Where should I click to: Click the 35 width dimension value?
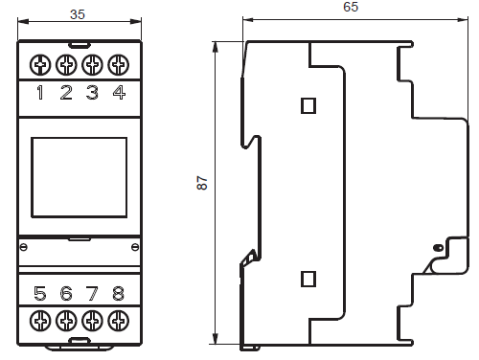78,14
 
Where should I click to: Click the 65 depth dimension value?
351,7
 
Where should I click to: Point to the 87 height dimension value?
202,183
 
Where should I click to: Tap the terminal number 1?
40,93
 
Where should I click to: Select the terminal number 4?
119,93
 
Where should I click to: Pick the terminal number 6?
66,294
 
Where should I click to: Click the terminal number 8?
119,294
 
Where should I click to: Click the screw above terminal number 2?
66,65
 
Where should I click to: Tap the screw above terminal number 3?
92,65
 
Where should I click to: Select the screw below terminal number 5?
40,321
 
